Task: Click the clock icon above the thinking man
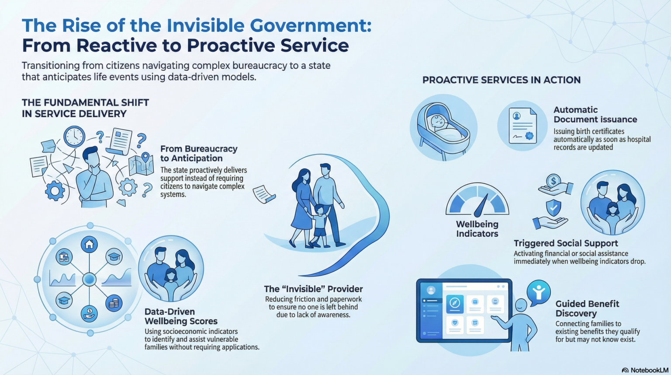pos(74,137)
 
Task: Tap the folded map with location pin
pos(141,164)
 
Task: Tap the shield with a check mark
pos(553,207)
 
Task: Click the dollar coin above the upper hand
pos(553,181)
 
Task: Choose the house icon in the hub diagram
pos(89,244)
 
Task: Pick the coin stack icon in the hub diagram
pos(114,303)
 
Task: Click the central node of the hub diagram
pos(89,279)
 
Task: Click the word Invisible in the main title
pos(205,25)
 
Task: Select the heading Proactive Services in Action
pos(502,80)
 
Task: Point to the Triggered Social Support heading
pos(566,243)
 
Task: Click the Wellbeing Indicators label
pos(477,229)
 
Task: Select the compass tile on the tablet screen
pos(455,304)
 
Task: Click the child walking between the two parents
pos(319,225)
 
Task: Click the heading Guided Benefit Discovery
pos(587,308)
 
